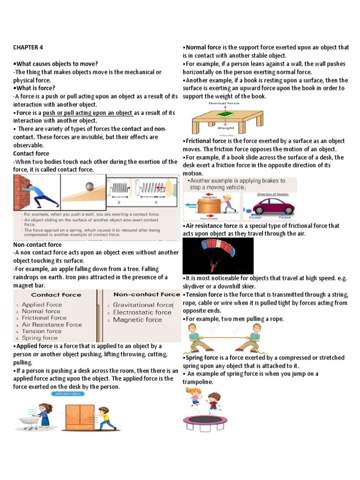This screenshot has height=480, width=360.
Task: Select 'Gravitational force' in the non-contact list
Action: pyautogui.click(x=143, y=305)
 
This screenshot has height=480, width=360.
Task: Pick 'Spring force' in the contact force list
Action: pyautogui.click(x=39, y=337)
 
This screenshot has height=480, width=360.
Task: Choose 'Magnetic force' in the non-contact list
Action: pyautogui.click(x=137, y=320)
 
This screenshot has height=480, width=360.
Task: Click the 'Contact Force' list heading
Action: pyautogui.click(x=56, y=295)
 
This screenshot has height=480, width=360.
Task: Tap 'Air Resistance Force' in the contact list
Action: pyautogui.click(x=52, y=324)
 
